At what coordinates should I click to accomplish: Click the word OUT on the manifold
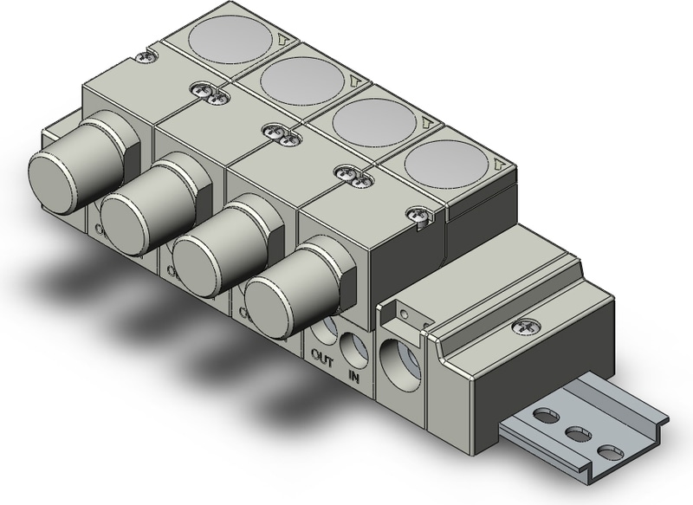(321, 355)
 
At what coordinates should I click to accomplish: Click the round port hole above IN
(353, 348)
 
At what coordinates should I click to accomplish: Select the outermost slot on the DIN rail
(609, 453)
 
